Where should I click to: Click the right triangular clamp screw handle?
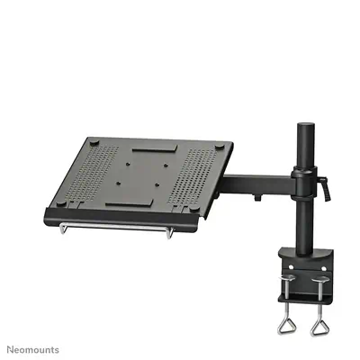tap(320, 325)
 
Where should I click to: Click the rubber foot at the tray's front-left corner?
tap(61, 203)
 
